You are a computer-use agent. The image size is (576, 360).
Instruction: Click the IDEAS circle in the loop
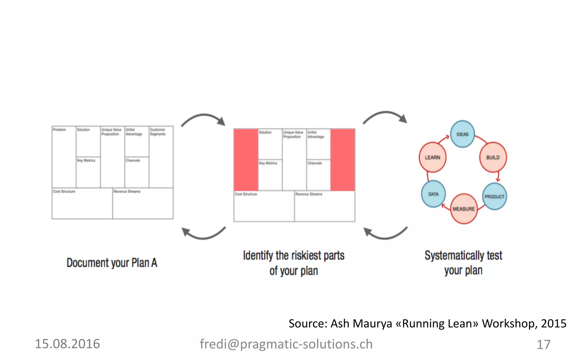click(462, 134)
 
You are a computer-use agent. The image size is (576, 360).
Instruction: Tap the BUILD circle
click(493, 157)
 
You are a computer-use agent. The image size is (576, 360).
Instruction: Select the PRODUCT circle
click(494, 196)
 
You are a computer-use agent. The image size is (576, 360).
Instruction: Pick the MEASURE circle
click(464, 209)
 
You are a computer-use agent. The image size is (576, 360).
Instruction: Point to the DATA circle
click(433, 194)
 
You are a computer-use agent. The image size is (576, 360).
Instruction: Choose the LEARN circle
click(433, 157)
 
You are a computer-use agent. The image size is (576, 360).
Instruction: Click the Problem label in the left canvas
click(59, 130)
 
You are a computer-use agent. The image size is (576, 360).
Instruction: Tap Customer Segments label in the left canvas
click(157, 132)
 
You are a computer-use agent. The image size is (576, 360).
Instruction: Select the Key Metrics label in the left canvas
click(86, 160)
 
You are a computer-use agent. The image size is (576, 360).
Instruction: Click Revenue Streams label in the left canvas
click(127, 191)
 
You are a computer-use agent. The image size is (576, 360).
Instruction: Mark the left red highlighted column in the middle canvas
click(246, 160)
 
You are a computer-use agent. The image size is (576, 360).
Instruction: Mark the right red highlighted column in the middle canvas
click(343, 160)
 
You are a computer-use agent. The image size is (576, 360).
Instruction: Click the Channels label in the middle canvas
click(314, 163)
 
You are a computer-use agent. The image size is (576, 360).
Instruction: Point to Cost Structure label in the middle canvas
click(246, 194)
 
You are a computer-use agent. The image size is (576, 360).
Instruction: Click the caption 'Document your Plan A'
click(112, 263)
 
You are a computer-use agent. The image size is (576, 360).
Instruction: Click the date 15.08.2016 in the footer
click(67, 344)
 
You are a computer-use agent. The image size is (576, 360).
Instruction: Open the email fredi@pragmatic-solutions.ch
click(286, 344)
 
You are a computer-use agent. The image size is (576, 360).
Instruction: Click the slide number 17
click(543, 344)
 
